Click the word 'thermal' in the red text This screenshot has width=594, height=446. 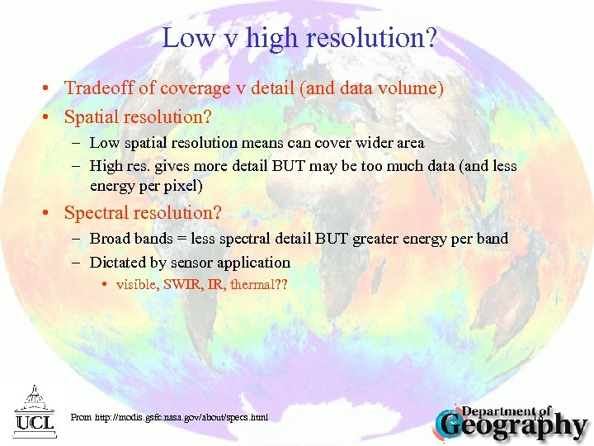tap(252, 285)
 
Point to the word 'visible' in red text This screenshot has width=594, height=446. tap(137, 285)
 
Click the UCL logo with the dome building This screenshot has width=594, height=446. tap(34, 409)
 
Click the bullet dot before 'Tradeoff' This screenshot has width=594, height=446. tap(50, 88)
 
